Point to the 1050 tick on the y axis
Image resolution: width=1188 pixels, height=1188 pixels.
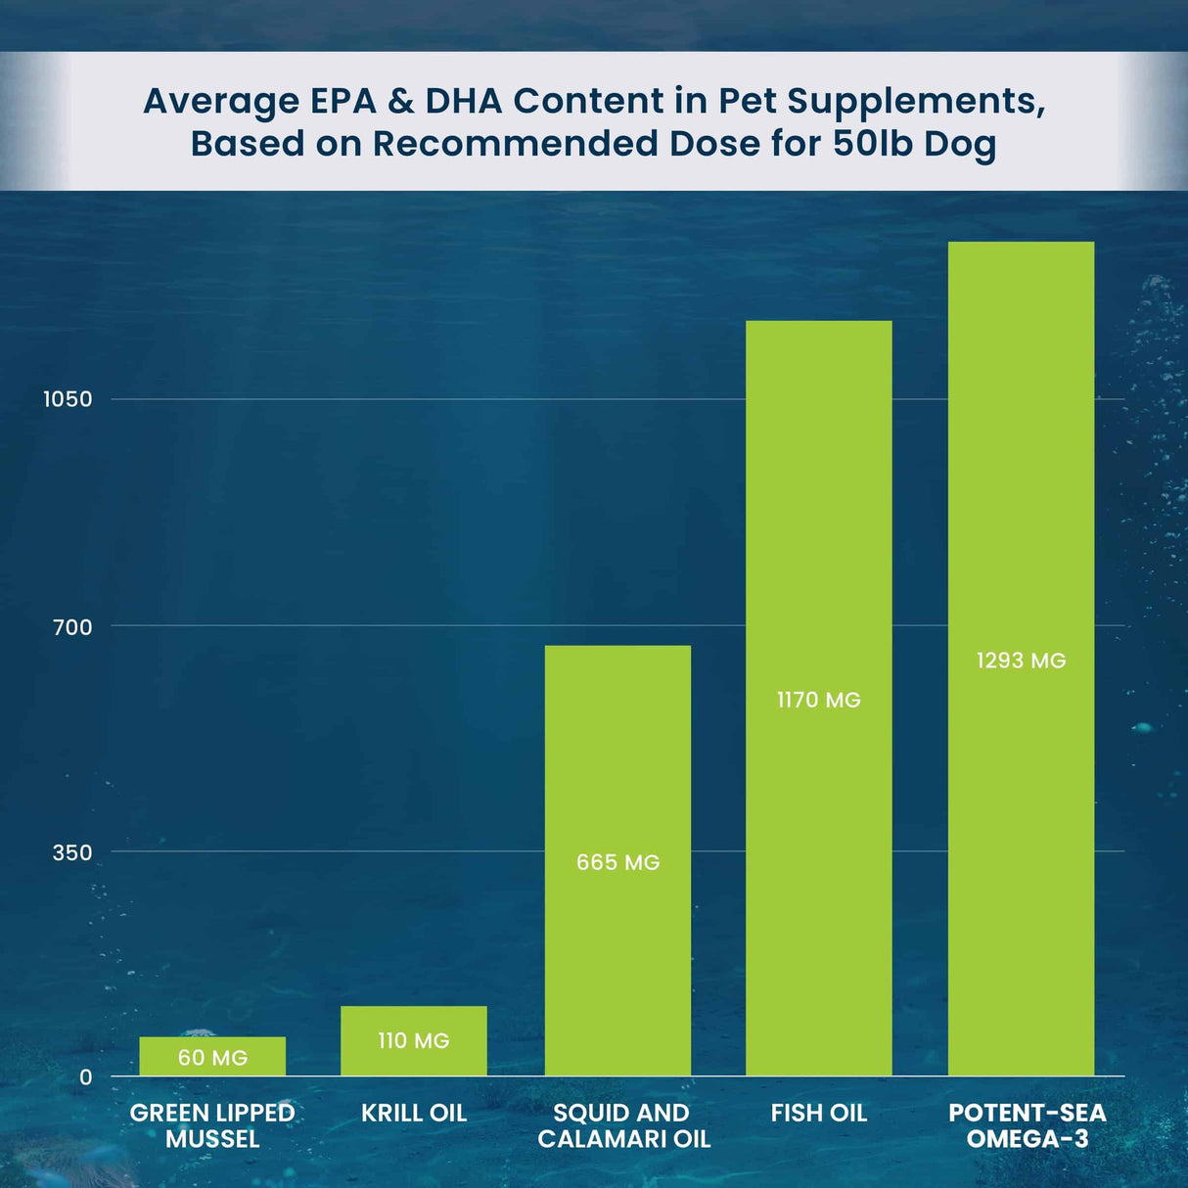tap(68, 399)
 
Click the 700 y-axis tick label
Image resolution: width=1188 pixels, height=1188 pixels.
tap(72, 627)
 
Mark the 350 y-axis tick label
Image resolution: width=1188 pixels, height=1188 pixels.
tap(72, 852)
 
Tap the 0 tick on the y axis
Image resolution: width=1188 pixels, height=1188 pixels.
tap(85, 1077)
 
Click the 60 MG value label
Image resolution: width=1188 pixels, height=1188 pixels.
tap(212, 1058)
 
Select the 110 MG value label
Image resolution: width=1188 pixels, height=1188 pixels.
tap(413, 1040)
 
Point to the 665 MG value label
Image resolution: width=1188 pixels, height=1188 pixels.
tap(617, 862)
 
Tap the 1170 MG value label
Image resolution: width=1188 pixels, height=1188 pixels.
tap(818, 700)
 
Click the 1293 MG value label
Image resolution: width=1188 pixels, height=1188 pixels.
tap(1021, 661)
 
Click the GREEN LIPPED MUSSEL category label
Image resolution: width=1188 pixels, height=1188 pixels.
tap(212, 1125)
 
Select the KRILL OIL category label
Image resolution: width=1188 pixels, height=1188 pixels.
tap(413, 1113)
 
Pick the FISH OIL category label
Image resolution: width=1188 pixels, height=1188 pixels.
tap(818, 1113)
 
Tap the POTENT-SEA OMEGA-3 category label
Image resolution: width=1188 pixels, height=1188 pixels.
tap(1027, 1125)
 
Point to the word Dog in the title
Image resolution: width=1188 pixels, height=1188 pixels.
tap(960, 144)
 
